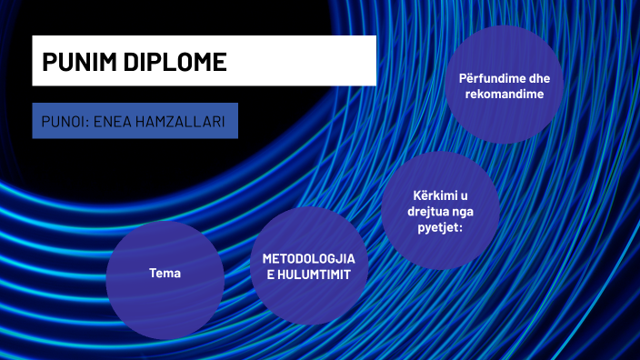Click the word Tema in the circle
coord(165,273)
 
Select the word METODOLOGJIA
coord(308,257)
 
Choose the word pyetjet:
coord(440,228)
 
